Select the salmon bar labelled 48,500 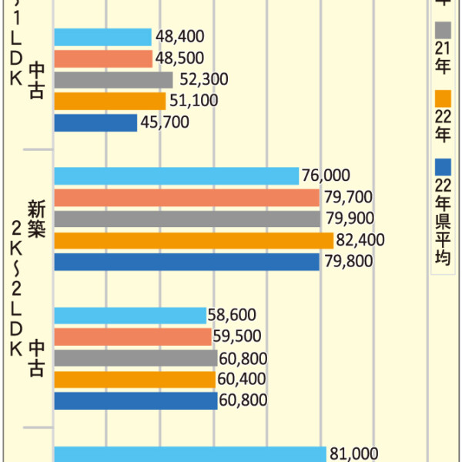coord(103,59)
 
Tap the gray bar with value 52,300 coord(113,79)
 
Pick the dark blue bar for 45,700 coord(95,122)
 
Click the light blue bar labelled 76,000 coord(176,176)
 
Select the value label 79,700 coord(348,198)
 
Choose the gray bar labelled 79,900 coord(187,219)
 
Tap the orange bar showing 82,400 coord(193,240)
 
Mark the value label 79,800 coord(348,262)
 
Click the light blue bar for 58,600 coord(130,316)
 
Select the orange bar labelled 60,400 coord(135,380)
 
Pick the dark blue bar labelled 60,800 coord(136,401)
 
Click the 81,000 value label coord(353,454)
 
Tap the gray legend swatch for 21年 coord(442,30)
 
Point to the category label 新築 coord(36,218)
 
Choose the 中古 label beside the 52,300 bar coord(36,80)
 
